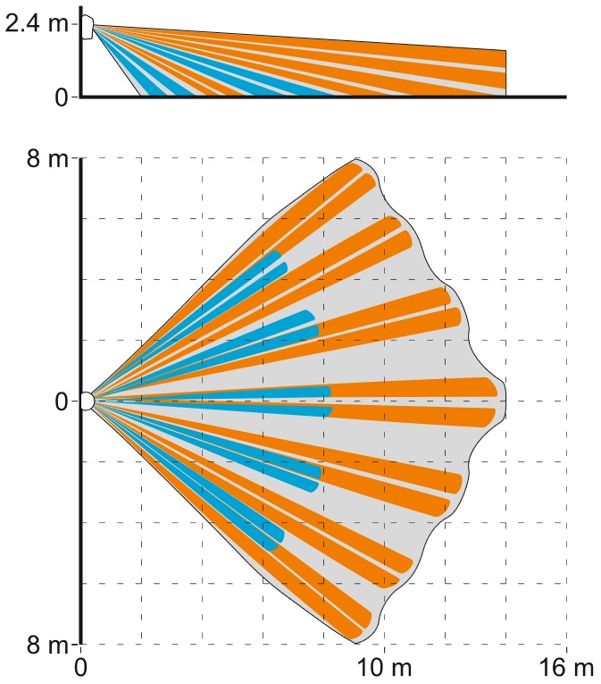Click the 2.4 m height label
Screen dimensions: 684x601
point(36,24)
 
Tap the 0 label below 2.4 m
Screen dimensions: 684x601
point(61,97)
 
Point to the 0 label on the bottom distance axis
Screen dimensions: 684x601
point(81,668)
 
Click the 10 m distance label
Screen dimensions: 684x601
point(384,668)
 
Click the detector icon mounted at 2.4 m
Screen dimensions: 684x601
point(87,26)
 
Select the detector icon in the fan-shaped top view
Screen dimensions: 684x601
point(87,401)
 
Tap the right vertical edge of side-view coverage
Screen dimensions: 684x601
point(506,72)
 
